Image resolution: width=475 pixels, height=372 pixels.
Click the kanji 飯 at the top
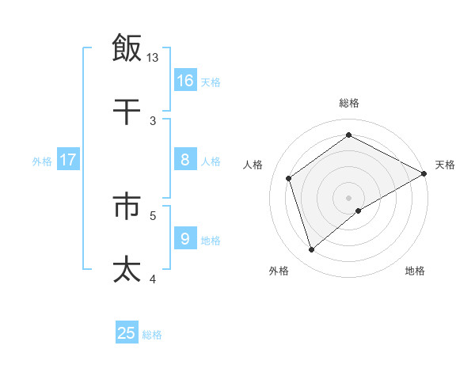tap(127, 48)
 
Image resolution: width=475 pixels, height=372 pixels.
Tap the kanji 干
tap(127, 112)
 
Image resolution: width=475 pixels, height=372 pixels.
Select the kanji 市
tap(127, 206)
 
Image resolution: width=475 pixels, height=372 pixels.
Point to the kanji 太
tap(127, 269)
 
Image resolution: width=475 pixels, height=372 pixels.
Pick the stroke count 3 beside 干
tap(154, 120)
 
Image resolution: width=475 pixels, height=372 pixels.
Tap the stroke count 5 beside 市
tap(154, 214)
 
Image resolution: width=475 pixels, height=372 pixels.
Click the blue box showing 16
tap(185, 81)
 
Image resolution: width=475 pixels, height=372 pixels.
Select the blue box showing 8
tap(185, 160)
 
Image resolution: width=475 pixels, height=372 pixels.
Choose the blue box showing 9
tap(185, 239)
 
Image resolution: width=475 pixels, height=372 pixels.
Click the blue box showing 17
tap(68, 160)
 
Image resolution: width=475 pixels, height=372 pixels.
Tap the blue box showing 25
tap(127, 333)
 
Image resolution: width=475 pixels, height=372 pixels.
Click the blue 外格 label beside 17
tap(42, 161)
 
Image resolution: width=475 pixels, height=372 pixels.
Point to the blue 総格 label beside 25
tap(153, 335)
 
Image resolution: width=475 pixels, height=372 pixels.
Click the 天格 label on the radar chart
tap(445, 165)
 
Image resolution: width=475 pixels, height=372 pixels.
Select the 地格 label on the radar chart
tap(415, 271)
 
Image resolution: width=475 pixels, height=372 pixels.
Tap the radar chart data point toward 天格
tap(424, 173)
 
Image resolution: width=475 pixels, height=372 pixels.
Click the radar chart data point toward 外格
tap(312, 250)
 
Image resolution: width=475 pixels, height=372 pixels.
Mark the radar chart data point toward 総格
tap(348, 135)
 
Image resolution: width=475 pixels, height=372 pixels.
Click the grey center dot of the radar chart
tap(348, 197)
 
